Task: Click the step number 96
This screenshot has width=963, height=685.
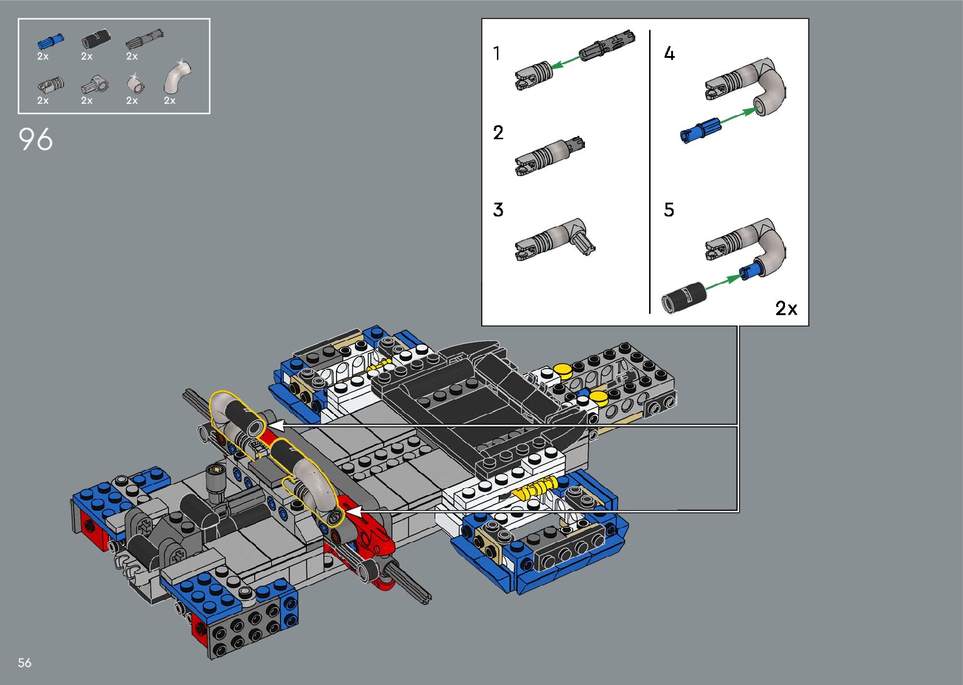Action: point(36,139)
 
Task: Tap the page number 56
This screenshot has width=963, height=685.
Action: point(25,662)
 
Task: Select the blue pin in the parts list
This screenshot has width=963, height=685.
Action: point(51,42)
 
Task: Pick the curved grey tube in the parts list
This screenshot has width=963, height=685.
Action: point(177,77)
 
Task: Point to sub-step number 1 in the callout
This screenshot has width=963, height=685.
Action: point(496,53)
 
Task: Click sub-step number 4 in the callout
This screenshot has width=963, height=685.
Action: point(669,53)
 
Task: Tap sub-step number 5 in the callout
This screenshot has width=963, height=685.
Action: point(669,210)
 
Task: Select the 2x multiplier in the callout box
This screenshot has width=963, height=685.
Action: point(786,308)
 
